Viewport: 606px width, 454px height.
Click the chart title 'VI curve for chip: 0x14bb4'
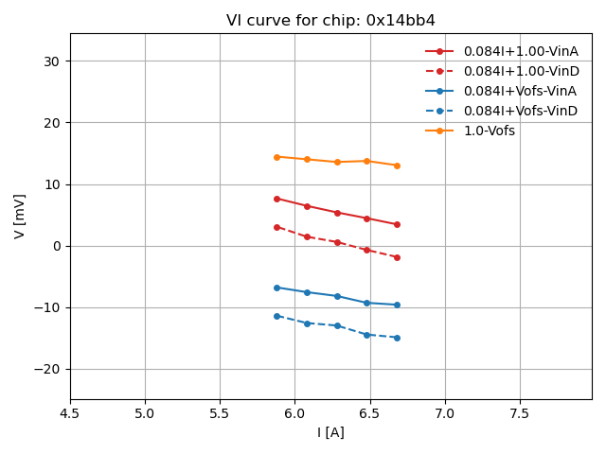coord(330,21)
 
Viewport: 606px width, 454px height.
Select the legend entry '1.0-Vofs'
coord(489,131)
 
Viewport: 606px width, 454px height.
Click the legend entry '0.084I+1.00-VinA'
coord(520,51)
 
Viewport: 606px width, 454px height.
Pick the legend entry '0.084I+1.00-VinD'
coord(520,71)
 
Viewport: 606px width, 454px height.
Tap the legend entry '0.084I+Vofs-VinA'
coord(520,91)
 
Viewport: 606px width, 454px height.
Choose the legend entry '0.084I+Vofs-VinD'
coord(520,111)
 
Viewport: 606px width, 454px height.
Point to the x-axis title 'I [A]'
coord(330,432)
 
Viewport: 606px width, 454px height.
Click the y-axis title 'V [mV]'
coord(20,216)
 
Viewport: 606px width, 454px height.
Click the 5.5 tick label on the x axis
coord(220,413)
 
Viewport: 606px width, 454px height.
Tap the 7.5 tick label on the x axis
coord(520,413)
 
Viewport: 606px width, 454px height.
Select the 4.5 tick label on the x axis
coord(70,413)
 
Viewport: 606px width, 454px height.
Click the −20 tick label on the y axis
coord(47,369)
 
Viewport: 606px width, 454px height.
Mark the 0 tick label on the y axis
coord(56,246)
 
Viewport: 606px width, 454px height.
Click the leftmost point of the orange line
coord(276,157)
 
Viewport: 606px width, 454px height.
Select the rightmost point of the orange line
coord(397,166)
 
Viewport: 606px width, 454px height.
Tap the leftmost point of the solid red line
coord(276,199)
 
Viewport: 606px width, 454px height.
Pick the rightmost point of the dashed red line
coord(397,257)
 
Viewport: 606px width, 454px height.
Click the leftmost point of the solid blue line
coord(276,288)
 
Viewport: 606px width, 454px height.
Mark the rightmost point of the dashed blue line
coord(397,338)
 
